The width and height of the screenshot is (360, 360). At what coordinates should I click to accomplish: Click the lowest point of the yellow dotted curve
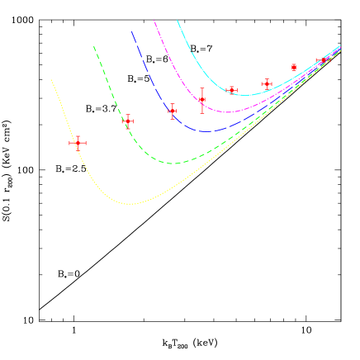tap(130, 203)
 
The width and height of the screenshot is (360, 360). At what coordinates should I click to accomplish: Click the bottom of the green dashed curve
tap(173, 163)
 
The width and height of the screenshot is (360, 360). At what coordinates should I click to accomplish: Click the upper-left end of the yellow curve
tap(51, 80)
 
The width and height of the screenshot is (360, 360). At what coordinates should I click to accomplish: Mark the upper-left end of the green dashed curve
tap(94, 46)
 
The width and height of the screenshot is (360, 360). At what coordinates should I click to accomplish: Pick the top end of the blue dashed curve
tap(131, 31)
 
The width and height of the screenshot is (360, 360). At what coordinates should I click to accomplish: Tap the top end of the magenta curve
tap(154, 21)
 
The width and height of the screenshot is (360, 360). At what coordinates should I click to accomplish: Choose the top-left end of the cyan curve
tap(178, 21)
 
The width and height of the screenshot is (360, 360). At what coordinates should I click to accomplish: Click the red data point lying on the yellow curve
tap(78, 143)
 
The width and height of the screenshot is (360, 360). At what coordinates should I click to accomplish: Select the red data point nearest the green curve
tap(127, 121)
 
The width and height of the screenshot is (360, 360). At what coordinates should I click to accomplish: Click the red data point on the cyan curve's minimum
tap(232, 90)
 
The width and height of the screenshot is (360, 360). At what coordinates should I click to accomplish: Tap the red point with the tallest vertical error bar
tap(202, 100)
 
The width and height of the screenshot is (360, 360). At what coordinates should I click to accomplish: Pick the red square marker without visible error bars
tap(294, 67)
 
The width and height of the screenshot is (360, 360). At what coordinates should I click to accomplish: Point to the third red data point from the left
tap(172, 111)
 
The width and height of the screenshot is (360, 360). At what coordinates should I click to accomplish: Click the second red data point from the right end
tap(294, 67)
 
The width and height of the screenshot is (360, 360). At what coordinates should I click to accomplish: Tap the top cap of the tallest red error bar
tap(202, 88)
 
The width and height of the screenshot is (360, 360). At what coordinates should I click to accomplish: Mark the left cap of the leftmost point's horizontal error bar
tap(69, 143)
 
